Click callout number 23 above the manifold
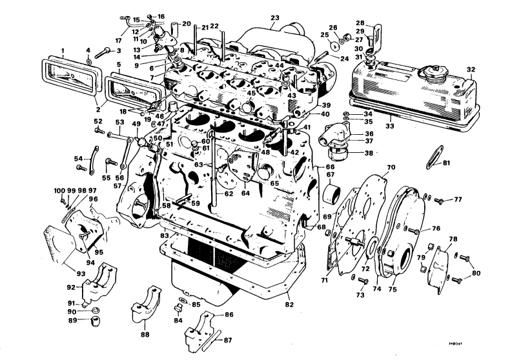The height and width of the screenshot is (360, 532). pos(275,17)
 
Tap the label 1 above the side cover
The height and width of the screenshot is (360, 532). pos(63,50)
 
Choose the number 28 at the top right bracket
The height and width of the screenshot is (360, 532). pos(378,23)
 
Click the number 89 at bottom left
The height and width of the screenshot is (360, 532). pos(73,320)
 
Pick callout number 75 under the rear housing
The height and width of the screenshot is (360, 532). pos(391,290)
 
